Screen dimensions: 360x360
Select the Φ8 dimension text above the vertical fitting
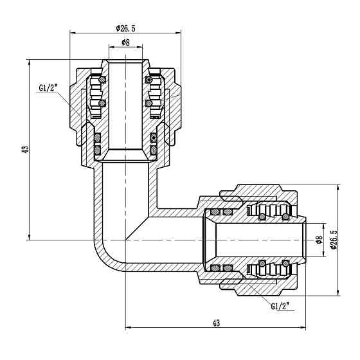coord(126,44)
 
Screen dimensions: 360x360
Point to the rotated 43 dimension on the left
coord(25,150)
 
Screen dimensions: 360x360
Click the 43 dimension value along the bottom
coord(215,323)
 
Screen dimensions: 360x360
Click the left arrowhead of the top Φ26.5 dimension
coord(71,33)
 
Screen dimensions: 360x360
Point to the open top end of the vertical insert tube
coord(125,60)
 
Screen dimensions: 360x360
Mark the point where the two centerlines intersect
coord(126,240)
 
